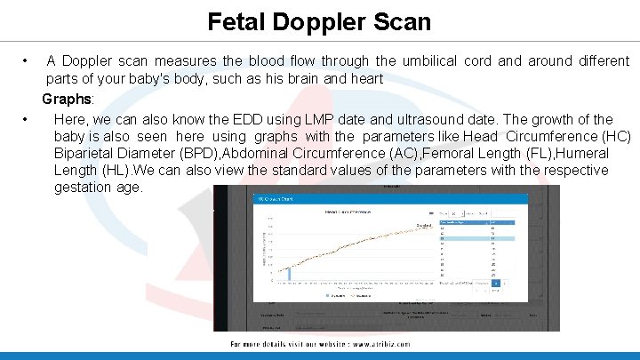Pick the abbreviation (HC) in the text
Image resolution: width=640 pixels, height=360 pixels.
pyautogui.click(x=615, y=136)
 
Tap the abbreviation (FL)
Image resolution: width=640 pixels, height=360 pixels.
pyautogui.click(x=511, y=153)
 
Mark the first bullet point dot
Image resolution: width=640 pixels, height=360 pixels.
pyautogui.click(x=27, y=61)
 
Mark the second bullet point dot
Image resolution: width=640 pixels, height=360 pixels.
pyautogui.click(x=27, y=119)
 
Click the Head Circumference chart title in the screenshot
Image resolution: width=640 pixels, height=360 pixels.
pyautogui.click(x=348, y=212)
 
